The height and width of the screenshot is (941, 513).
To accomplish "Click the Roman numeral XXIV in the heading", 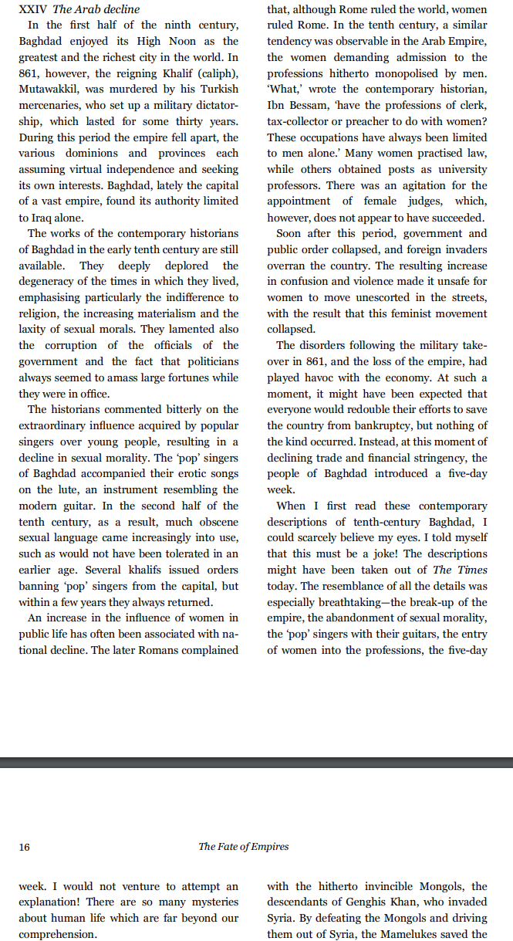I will [x=32, y=9].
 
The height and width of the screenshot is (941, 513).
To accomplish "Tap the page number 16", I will [x=24, y=847].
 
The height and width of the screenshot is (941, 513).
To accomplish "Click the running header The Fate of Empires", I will [x=244, y=847].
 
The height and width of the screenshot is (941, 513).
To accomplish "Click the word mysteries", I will [x=212, y=902].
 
